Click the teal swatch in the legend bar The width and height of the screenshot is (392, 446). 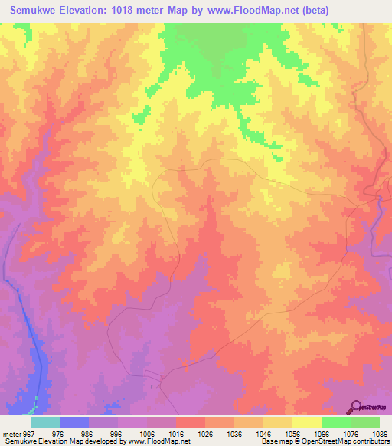pos(45,422)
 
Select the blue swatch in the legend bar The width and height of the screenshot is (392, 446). pos(74,422)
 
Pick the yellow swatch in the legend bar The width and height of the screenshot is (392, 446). pos(306,422)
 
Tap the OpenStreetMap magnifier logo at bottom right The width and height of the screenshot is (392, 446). pos(357,407)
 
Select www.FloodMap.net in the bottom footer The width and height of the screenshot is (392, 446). pos(162,441)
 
